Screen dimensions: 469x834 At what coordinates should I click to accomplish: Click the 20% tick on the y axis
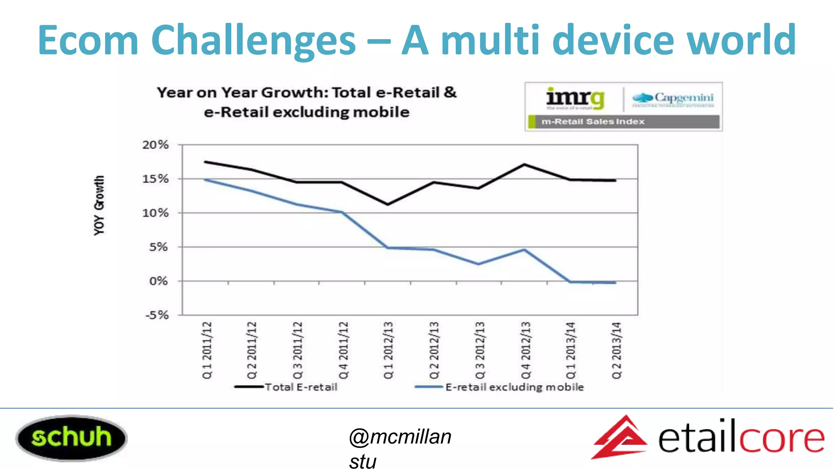155,145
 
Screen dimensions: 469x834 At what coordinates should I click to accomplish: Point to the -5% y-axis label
157,315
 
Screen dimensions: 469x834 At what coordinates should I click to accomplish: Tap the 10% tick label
155,213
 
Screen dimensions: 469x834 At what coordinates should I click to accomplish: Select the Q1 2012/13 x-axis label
388,350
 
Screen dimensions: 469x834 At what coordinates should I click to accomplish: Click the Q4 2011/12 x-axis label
343,350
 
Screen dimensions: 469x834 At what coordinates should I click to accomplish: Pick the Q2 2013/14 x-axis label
617,350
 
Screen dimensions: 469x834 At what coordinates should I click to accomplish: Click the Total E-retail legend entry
301,387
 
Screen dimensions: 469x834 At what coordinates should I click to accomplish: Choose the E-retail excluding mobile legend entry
514,387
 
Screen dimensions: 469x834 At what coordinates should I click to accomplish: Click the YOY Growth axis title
99,206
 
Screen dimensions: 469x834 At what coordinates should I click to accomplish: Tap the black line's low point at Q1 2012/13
388,204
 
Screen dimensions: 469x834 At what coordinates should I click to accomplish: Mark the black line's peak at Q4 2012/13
525,164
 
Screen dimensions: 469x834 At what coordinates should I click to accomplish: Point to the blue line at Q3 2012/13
478,264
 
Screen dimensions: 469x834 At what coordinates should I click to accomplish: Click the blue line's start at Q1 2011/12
205,180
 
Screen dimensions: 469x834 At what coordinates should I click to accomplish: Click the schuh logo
71,438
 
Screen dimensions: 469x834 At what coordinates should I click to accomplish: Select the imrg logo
575,98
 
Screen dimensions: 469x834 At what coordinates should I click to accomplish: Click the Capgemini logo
673,98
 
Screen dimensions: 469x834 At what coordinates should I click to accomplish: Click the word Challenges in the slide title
254,40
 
